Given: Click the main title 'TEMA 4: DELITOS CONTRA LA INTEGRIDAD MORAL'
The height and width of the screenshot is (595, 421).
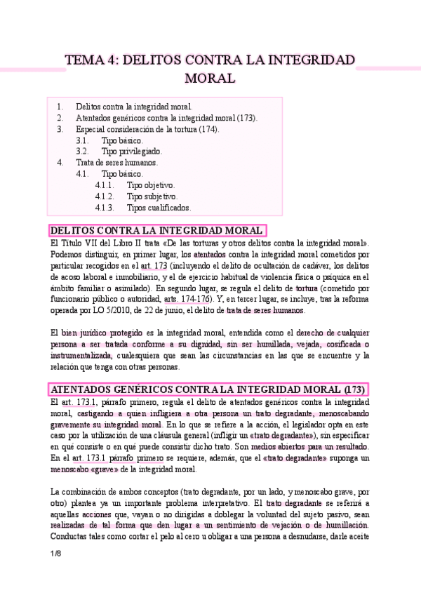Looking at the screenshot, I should pyautogui.click(x=210, y=68).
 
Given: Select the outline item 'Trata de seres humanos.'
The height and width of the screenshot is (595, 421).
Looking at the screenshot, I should pyautogui.click(x=117, y=163).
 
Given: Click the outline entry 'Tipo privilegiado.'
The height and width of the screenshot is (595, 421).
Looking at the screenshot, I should pyautogui.click(x=132, y=152).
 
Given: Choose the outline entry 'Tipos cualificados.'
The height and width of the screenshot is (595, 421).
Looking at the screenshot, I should pyautogui.click(x=159, y=208).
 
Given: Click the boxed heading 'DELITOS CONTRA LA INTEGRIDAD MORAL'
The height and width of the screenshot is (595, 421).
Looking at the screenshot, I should pyautogui.click(x=158, y=230).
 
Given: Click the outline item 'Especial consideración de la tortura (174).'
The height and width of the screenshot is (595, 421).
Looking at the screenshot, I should pyautogui.click(x=147, y=129).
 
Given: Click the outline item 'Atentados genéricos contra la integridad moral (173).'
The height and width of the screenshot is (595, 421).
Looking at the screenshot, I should pyautogui.click(x=167, y=118).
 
